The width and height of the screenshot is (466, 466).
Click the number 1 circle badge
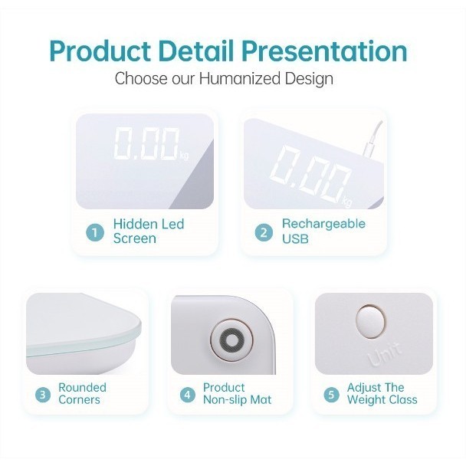pyautogui.click(x=95, y=231)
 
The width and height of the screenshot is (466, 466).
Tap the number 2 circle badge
pyautogui.click(x=264, y=231)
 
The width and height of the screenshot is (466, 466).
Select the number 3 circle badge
pyautogui.click(x=44, y=395)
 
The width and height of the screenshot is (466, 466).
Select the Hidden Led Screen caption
pyautogui.click(x=149, y=231)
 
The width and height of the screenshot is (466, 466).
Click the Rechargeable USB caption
pyautogui.click(x=323, y=231)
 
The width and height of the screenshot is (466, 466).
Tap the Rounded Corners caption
pyautogui.click(x=82, y=393)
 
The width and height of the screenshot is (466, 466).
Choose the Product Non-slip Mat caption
pyautogui.click(x=237, y=393)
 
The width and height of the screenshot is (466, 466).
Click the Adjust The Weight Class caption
pyautogui.click(x=382, y=393)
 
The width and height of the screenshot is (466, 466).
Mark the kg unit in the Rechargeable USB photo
pyautogui.click(x=347, y=202)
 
